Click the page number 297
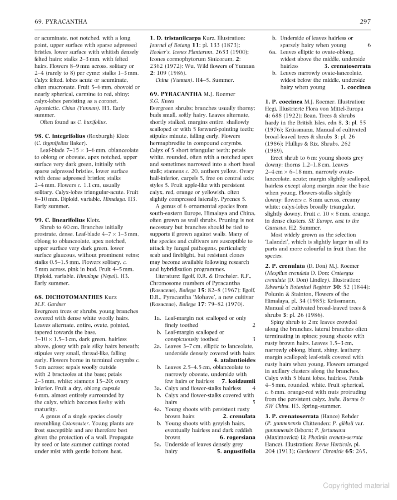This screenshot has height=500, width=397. (x=365, y=22)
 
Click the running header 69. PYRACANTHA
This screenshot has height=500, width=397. (x=61, y=22)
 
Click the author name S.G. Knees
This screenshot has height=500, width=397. (x=162, y=101)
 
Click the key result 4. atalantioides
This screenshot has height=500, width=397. (x=235, y=360)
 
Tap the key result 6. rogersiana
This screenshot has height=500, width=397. (x=237, y=437)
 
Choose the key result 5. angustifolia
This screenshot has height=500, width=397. (x=236, y=451)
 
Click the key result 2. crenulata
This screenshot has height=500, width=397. (x=239, y=416)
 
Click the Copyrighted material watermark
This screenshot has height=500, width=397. (x=356, y=486)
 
